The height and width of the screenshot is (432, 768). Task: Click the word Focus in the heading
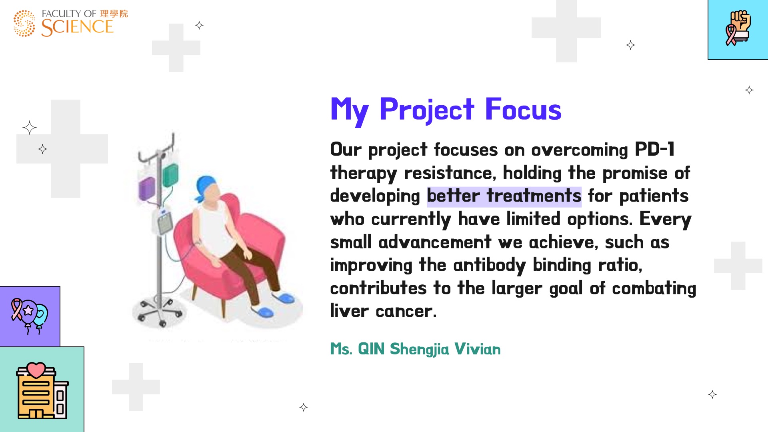[523, 109]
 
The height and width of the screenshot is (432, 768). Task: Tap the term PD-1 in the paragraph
[654, 149]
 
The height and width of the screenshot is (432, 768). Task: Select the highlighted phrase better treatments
[504, 196]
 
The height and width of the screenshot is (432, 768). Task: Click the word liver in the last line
[349, 311]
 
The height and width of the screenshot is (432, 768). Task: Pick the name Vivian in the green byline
[477, 349]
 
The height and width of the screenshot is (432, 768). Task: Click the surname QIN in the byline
[371, 349]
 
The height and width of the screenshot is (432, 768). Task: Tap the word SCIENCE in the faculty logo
[77, 27]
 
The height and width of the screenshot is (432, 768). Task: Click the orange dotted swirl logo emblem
[24, 23]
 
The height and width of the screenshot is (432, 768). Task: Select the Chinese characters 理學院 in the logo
[114, 14]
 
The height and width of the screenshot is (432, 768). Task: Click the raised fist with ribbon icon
[738, 28]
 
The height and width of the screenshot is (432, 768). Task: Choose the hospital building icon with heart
[42, 390]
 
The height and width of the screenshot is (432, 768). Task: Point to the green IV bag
[170, 175]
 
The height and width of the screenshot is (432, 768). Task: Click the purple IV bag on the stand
[147, 189]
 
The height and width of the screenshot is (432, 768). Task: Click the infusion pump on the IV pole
[164, 222]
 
